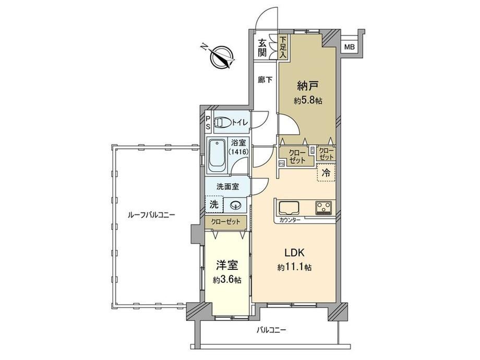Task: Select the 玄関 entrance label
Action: coord(262,47)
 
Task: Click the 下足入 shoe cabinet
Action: coord(283,47)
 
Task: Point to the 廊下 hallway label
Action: coord(265,80)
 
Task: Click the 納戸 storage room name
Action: coord(307,86)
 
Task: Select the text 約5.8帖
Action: coord(308,100)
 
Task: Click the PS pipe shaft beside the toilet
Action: coord(208,123)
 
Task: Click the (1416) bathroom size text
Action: coord(238,151)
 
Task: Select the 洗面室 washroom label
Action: coord(228,187)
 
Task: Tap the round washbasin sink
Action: coord(235,205)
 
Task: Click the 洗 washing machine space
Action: coord(214,204)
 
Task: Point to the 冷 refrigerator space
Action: coord(326,173)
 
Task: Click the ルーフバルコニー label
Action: coord(151,215)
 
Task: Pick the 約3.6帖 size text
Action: coord(227,280)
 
